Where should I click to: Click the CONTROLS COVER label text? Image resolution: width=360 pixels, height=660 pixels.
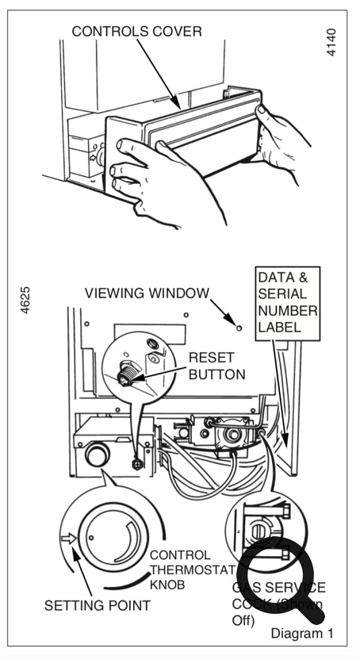point(136,32)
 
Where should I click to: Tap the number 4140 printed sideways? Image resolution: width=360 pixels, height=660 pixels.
point(331,41)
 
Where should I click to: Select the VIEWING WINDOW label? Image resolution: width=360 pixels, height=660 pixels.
point(147,294)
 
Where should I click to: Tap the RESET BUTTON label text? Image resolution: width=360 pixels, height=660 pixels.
point(216,365)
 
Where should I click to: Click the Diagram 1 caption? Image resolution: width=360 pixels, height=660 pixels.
point(302,633)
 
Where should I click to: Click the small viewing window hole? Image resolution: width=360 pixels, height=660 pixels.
point(238,325)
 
